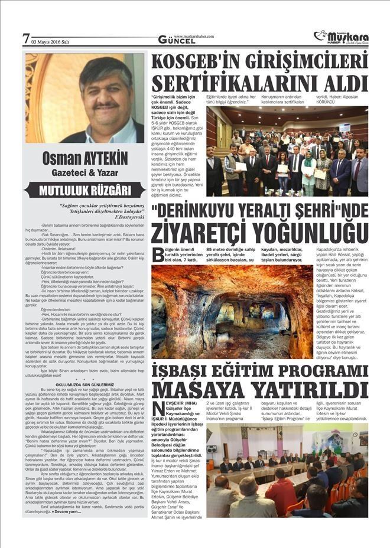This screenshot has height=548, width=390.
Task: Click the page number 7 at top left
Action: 25,40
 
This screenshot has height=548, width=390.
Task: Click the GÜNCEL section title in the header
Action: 177,41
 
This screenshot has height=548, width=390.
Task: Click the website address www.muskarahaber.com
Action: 193,36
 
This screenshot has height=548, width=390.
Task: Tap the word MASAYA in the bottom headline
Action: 200,390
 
